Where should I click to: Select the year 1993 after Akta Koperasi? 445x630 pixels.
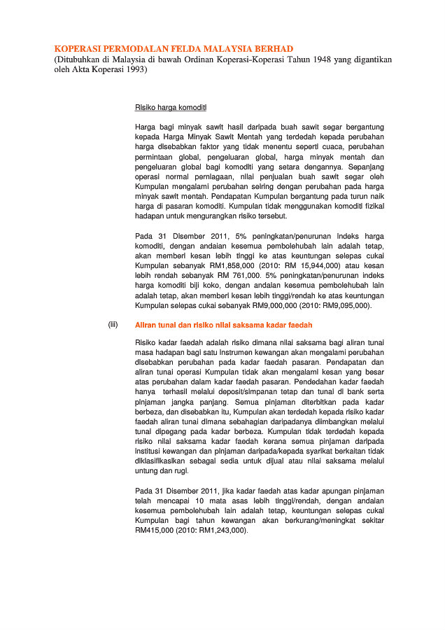(x=132, y=70)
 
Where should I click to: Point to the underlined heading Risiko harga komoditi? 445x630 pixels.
(x=170, y=107)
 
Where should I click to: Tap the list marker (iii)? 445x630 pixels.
(x=113, y=325)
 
